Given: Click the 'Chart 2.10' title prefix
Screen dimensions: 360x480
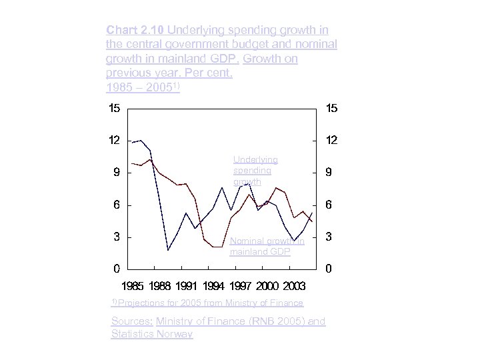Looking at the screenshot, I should (x=135, y=30).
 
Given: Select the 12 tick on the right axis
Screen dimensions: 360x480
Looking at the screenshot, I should (x=331, y=141).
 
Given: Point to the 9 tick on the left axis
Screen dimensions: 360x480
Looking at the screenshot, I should (x=116, y=173).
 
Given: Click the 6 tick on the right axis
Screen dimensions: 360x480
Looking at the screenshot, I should (x=327, y=205).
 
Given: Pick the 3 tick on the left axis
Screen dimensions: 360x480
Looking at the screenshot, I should (x=116, y=237).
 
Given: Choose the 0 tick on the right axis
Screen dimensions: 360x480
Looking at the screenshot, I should (x=327, y=269).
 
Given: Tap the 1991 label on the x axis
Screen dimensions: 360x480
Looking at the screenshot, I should (x=187, y=287).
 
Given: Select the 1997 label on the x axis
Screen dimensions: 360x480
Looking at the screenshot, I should (x=241, y=287).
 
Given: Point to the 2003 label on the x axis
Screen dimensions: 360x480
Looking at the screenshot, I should (x=294, y=287).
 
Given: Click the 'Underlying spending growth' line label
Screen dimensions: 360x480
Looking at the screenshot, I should (x=255, y=171).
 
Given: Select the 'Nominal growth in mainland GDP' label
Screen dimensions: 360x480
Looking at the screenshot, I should (x=267, y=247).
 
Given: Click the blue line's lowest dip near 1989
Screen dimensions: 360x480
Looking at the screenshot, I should (x=169, y=250).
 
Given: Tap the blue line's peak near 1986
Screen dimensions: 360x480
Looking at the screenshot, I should (x=141, y=141).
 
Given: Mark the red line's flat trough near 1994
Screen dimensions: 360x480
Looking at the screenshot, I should (x=217, y=247).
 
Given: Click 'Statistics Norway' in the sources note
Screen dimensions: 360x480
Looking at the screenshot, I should (x=152, y=334).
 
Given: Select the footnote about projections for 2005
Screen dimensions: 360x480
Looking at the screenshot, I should (x=207, y=303).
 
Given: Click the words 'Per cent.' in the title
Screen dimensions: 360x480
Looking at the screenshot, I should (x=208, y=73).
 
